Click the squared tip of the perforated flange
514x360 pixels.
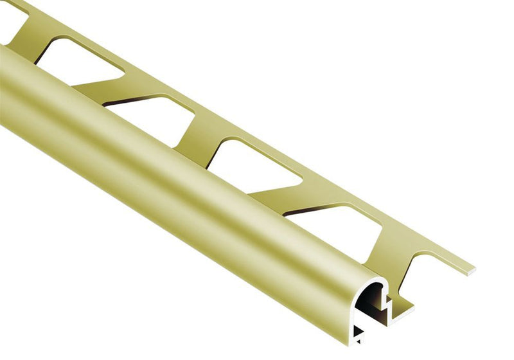pyautogui.click(x=471, y=268)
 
